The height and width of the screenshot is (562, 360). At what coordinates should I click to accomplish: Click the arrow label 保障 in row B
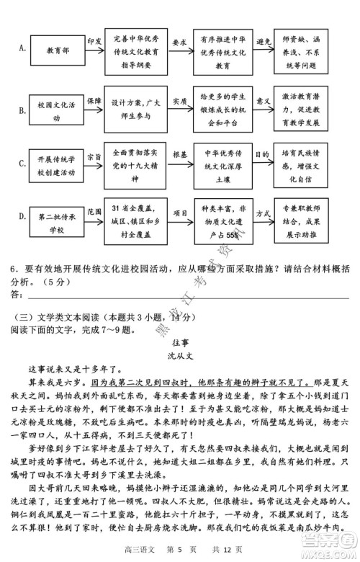pos(94,101)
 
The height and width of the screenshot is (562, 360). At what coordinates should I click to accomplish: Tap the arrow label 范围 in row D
pos(94,211)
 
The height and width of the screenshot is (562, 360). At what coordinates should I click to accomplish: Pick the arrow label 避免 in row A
pos(264,43)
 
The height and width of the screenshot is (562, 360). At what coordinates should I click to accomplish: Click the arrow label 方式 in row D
pos(264,213)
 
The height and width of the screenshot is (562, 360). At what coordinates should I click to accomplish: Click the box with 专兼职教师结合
pos(310,221)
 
